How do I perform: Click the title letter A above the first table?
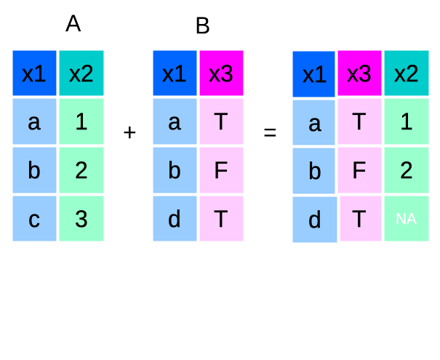pos(73,24)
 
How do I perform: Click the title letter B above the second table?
pos(202,27)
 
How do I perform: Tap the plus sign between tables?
pos(130,132)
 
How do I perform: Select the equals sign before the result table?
pos(270,133)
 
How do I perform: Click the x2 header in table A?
pos(81,73)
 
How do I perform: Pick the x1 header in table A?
pos(34,73)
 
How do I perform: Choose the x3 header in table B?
pos(221,73)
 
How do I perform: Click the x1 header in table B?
pos(175,73)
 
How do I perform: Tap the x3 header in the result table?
pos(359,73)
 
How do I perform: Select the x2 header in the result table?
pos(406,73)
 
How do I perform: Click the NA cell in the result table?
pos(406,218)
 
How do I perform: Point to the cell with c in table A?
pos(34,218)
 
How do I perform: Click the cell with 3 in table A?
pos(81,218)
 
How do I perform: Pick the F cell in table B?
pos(221,170)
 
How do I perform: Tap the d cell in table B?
pos(175,218)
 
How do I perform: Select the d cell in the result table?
pos(314,220)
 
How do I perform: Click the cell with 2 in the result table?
pos(406,170)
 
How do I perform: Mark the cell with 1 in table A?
pos(81,121)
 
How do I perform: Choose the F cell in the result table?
pos(359,170)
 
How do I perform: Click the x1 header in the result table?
pos(314,74)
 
